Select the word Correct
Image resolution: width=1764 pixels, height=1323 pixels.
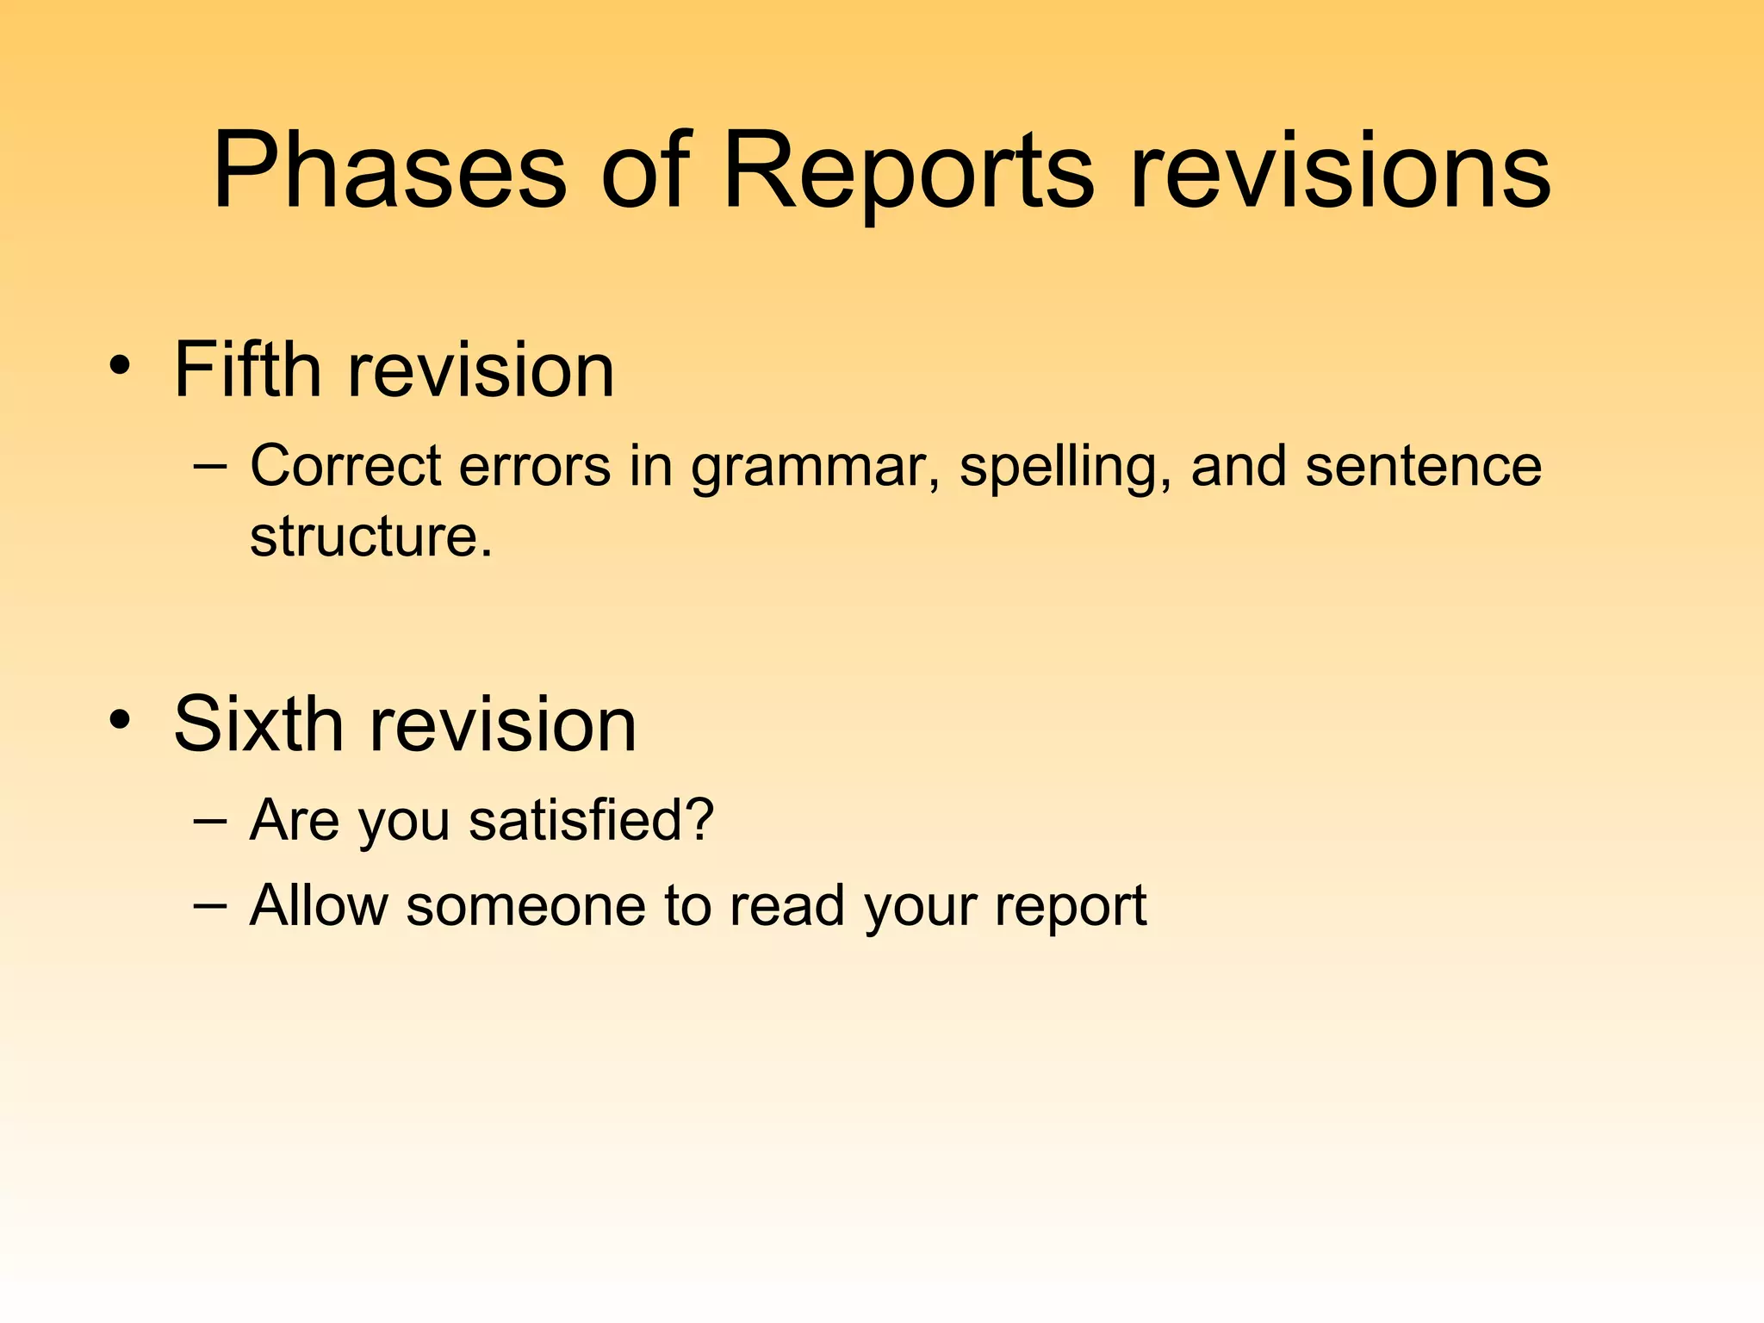pyautogui.click(x=345, y=466)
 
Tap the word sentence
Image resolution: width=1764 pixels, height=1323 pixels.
pyautogui.click(x=1423, y=466)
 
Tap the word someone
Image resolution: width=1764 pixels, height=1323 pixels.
pyautogui.click(x=525, y=906)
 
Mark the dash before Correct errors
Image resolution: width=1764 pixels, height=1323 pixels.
pyautogui.click(x=211, y=466)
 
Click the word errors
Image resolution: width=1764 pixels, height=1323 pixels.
pyautogui.click(x=535, y=466)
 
